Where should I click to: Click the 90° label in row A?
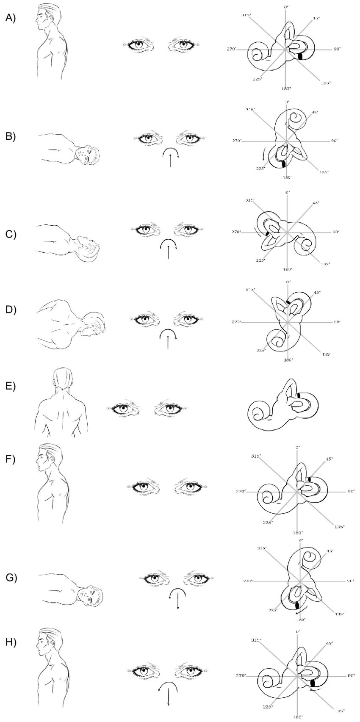tap(337, 50)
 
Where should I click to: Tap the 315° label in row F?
tap(255, 456)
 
